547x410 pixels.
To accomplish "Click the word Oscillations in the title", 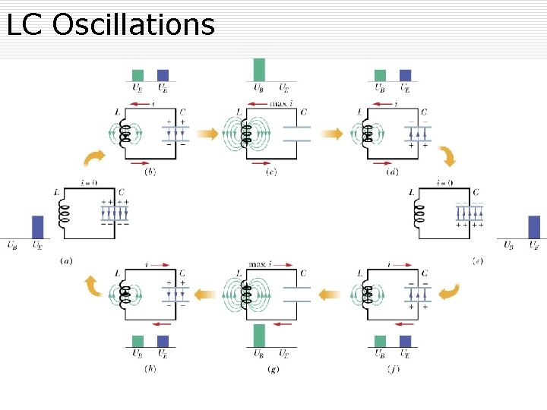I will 134,24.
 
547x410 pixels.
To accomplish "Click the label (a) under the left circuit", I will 66,260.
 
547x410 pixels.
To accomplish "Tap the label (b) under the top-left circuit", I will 150,172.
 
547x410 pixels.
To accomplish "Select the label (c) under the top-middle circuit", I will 272,172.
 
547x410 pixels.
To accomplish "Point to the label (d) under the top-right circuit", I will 393,172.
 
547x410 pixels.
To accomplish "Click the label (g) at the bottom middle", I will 272,369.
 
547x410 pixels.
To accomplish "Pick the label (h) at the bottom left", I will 150,369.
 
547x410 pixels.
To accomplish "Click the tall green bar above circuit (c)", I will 260,69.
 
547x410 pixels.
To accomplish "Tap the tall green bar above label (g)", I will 260,336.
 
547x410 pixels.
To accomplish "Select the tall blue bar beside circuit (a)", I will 38,227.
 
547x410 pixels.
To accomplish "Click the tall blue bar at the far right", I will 534,227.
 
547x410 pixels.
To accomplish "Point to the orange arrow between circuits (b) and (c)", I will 207,134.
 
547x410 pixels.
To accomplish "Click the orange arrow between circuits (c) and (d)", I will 331,134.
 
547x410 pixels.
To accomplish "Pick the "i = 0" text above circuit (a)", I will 91,182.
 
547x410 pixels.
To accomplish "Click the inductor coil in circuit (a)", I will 64,214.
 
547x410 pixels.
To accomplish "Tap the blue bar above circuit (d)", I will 405,75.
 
